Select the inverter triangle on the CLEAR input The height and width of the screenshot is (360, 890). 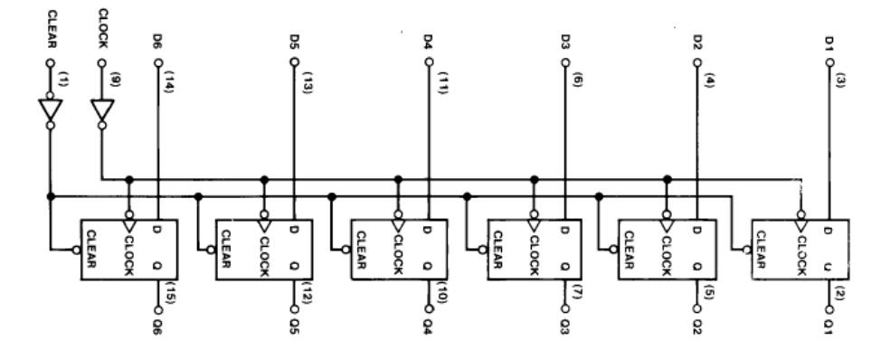click(50, 111)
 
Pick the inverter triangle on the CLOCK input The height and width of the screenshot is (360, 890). click(101, 111)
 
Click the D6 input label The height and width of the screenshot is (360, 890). click(157, 42)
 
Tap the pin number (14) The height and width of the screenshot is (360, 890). click(169, 82)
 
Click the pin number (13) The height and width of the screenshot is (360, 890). click(305, 82)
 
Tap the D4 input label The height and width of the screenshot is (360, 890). click(429, 42)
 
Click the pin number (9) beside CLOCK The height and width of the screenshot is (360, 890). click(114, 80)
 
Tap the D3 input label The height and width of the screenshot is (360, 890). click(564, 42)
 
